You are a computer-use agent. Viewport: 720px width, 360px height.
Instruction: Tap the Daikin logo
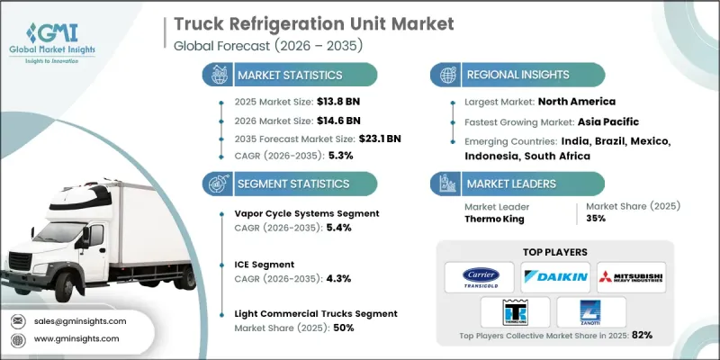tap(553, 277)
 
